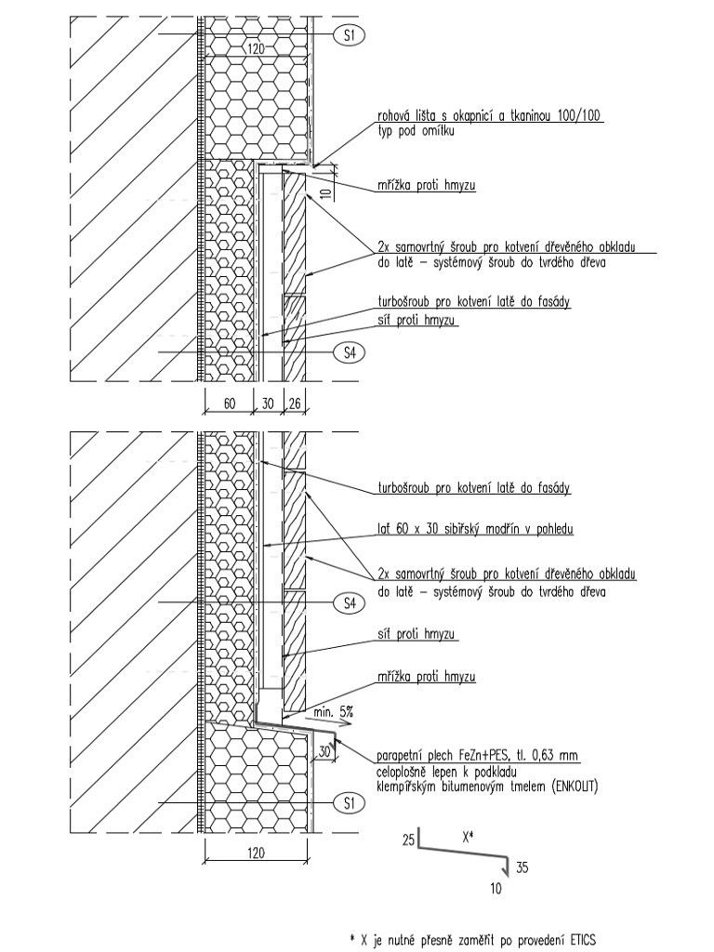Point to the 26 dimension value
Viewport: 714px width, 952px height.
tap(294, 403)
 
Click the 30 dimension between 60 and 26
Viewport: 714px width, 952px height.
tap(269, 403)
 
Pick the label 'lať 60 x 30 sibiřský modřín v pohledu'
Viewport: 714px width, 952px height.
tap(475, 529)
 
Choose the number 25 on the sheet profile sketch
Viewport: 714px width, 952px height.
tap(408, 840)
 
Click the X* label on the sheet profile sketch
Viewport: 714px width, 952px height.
tap(468, 836)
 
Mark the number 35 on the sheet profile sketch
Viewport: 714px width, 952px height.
tap(522, 868)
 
